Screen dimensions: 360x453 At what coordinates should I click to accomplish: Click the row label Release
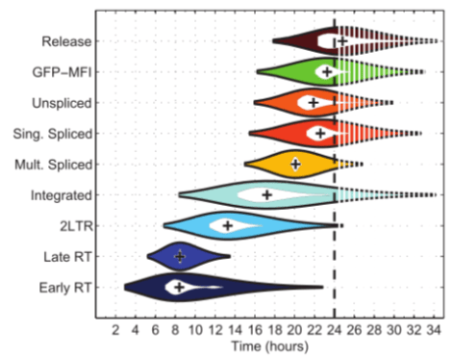pyautogui.click(x=66, y=41)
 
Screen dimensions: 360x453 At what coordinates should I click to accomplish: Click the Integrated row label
pyautogui.click(x=63, y=194)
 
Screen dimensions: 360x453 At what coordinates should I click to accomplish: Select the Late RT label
pyautogui.click(x=68, y=256)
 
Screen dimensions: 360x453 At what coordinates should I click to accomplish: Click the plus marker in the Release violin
pyautogui.click(x=340, y=40)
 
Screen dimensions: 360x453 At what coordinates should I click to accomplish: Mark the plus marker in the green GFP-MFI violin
pyautogui.click(x=327, y=71)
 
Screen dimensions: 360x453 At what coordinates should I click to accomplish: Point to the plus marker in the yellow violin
pyautogui.click(x=295, y=164)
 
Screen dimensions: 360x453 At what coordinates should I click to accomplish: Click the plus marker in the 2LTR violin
pyautogui.click(x=228, y=225)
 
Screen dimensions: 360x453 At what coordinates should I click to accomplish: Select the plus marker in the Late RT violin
pyautogui.click(x=180, y=256)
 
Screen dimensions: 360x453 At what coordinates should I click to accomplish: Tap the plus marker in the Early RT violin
pyautogui.click(x=179, y=287)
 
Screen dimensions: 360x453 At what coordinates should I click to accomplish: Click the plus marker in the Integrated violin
pyautogui.click(x=267, y=194)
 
